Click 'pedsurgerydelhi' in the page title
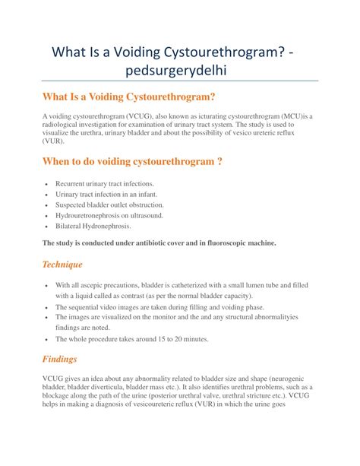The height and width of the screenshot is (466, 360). [179, 71]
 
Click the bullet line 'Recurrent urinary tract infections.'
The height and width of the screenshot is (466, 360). [105, 183]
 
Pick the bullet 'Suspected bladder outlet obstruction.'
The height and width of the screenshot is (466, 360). [109, 205]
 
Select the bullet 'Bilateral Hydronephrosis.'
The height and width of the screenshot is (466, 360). [93, 227]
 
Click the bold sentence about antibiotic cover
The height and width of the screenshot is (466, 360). [159, 243]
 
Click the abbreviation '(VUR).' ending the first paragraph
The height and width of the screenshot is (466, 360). [53, 141]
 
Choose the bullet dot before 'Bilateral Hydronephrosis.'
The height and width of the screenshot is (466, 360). [47, 227]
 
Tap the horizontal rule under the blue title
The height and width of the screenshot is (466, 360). [179, 82]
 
